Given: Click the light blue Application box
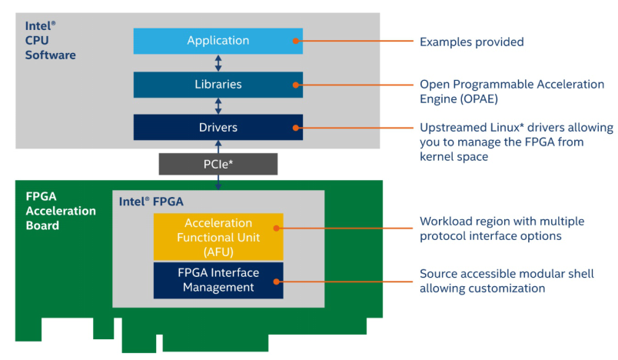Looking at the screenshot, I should point(218,41).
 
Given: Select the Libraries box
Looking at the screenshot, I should point(218,85).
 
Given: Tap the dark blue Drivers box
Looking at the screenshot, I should point(218,127).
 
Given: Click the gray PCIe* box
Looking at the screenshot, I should point(218,164).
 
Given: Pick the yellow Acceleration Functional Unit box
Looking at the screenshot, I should point(218,237).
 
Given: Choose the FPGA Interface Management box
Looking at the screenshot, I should point(218,280).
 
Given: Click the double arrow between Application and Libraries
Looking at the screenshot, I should point(218,63).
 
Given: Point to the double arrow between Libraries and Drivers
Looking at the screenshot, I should point(218,106).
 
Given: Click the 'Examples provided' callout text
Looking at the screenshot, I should point(471,42).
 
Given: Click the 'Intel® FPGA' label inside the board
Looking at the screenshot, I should point(151,202).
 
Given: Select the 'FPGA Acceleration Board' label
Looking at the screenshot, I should point(59,210).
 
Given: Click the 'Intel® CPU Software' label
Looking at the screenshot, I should point(48,41).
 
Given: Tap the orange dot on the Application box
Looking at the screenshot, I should point(294,42).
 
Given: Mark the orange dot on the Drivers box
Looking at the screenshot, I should point(294,128).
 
